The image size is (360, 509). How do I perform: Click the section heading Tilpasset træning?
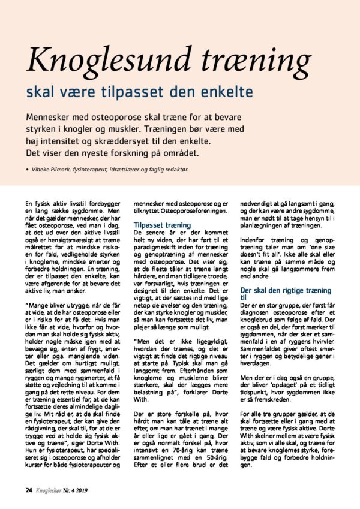coord(162,225)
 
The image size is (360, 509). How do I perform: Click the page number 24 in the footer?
coord(29,489)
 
